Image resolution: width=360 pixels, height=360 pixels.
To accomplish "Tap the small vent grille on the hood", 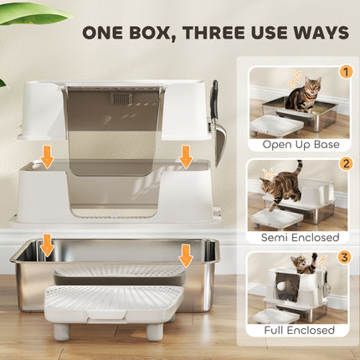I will (x=123, y=98).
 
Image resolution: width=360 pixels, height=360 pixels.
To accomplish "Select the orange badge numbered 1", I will (x=346, y=73).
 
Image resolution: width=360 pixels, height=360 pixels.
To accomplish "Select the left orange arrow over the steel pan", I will (x=48, y=245).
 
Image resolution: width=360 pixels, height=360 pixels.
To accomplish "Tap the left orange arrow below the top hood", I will (x=48, y=155).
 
